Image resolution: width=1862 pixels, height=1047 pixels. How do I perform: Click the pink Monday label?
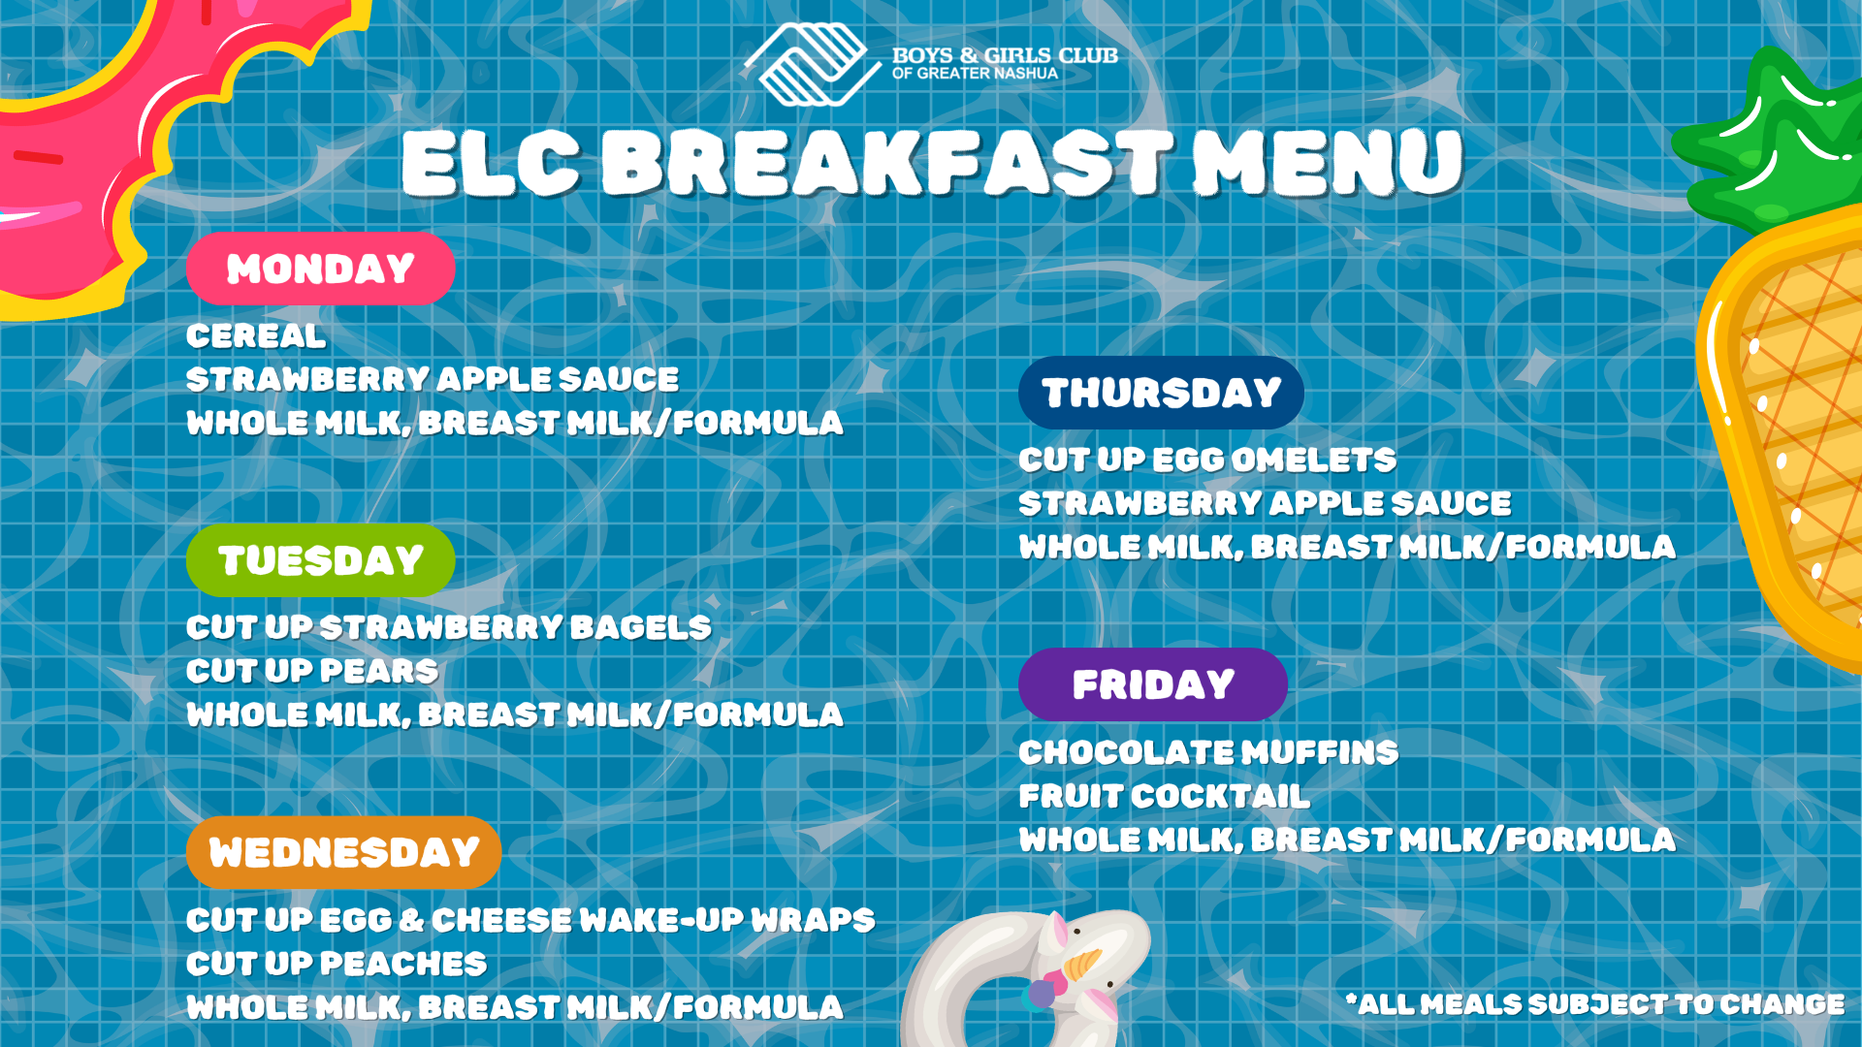click(x=320, y=269)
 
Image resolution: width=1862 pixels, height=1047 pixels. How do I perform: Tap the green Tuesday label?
click(x=320, y=560)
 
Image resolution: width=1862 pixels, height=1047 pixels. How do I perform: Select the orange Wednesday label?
click(x=343, y=853)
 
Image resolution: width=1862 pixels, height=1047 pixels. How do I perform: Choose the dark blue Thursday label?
click(x=1161, y=393)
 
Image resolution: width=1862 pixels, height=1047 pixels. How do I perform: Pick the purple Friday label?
click(x=1153, y=684)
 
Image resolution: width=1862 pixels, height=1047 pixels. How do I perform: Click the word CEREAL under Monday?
click(x=256, y=336)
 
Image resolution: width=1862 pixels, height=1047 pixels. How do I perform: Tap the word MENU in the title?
click(x=1327, y=163)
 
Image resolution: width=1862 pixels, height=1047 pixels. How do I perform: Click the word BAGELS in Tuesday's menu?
click(x=641, y=628)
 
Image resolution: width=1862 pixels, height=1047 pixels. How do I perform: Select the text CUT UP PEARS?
click(x=312, y=671)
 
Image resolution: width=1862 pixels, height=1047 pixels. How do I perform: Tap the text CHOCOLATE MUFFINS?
click(x=1208, y=752)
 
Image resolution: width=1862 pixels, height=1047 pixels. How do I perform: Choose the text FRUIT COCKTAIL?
click(x=1164, y=796)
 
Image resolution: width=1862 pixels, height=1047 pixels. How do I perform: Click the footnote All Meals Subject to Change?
click(x=1595, y=1004)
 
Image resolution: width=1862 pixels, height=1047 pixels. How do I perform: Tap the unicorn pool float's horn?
click(x=1082, y=964)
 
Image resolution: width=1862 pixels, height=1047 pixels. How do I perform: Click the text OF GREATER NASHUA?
click(x=975, y=74)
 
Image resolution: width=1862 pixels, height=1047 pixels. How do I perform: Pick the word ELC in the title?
click(x=491, y=163)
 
